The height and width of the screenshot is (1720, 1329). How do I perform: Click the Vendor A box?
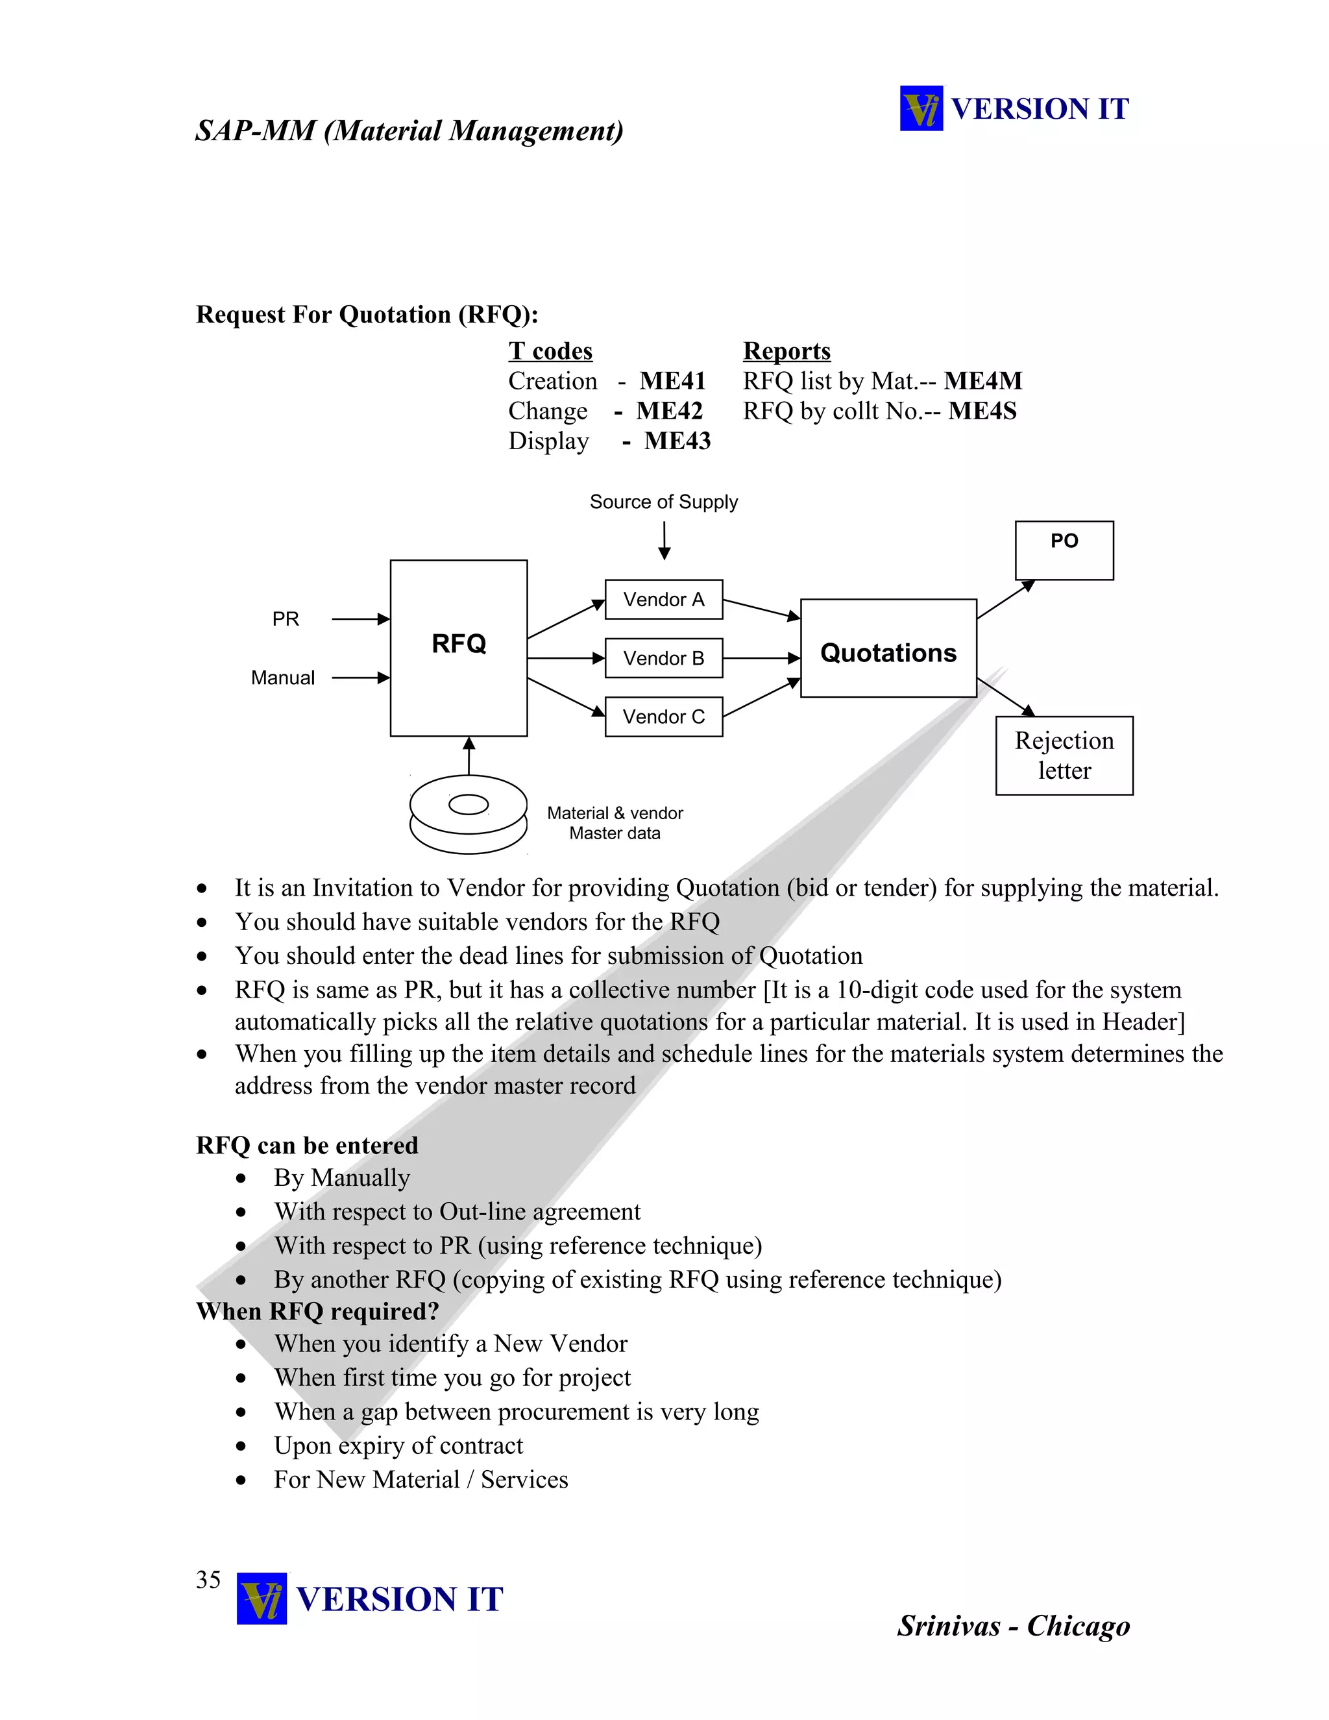click(x=664, y=599)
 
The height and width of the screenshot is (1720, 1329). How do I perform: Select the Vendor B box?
click(x=664, y=658)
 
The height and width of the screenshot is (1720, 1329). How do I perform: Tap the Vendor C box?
click(x=664, y=717)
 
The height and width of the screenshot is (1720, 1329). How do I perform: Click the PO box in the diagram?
click(x=1064, y=550)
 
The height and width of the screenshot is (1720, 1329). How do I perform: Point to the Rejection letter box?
click(x=1064, y=756)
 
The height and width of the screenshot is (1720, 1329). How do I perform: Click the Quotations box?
click(x=888, y=648)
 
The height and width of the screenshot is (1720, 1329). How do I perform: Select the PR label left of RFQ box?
click(x=286, y=619)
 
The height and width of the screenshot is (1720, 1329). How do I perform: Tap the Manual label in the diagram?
click(x=283, y=678)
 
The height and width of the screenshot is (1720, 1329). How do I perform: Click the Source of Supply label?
click(x=664, y=502)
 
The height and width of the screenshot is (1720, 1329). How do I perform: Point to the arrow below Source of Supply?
click(x=664, y=541)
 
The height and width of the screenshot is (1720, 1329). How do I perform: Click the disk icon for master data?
click(x=469, y=815)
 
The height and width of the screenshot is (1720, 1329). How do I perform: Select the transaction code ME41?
click(x=672, y=381)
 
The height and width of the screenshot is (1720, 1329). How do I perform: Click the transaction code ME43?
click(x=677, y=441)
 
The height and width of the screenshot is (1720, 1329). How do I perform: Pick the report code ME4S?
click(x=982, y=411)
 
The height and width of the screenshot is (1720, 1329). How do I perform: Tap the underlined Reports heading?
click(x=786, y=351)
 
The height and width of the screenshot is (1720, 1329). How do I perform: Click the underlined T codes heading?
click(x=550, y=351)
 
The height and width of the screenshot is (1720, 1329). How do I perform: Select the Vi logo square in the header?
click(x=921, y=108)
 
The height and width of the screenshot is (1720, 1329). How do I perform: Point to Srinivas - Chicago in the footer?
click(x=1013, y=1625)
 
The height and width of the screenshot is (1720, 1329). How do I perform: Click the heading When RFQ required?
click(x=317, y=1311)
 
